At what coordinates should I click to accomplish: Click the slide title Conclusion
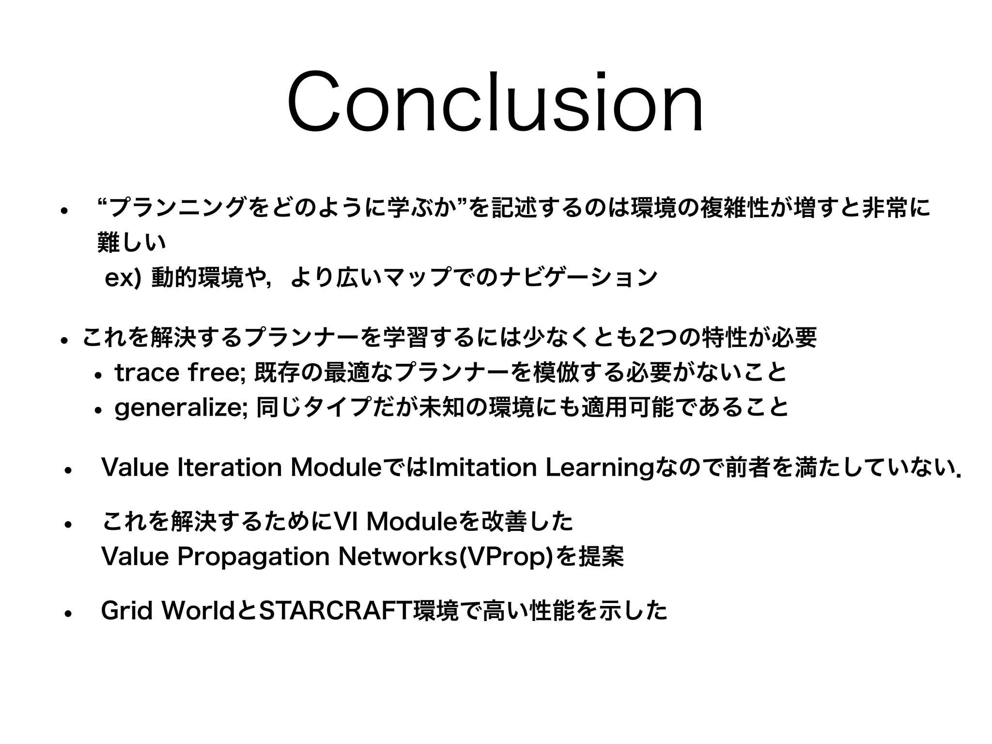(495, 103)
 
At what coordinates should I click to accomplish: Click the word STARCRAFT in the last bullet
(336, 611)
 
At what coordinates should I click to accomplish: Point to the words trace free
(179, 373)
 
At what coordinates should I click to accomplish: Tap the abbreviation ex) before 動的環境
(123, 279)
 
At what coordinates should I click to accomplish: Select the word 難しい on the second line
(131, 243)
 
